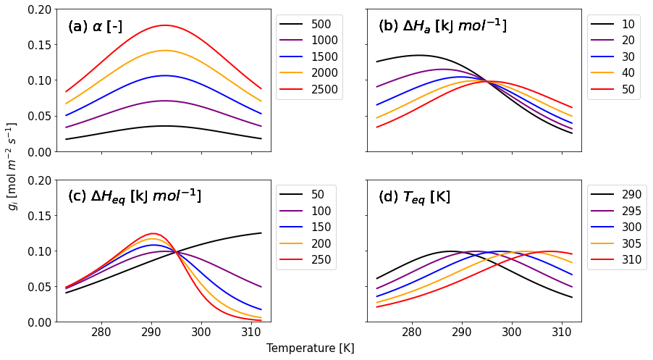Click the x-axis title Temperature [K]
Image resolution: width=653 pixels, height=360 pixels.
[310, 348]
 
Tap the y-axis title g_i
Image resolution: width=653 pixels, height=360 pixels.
[14, 166]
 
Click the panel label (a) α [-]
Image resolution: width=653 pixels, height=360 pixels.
[95, 28]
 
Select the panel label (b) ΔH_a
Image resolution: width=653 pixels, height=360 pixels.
[442, 27]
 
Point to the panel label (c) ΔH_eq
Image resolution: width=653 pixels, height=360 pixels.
[134, 196]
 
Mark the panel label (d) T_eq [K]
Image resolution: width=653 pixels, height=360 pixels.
[414, 197]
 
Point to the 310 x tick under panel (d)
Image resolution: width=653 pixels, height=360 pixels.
[562, 332]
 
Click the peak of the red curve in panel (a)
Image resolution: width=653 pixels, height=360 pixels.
[164, 25]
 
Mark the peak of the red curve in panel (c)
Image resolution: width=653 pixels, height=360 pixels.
[153, 233]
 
